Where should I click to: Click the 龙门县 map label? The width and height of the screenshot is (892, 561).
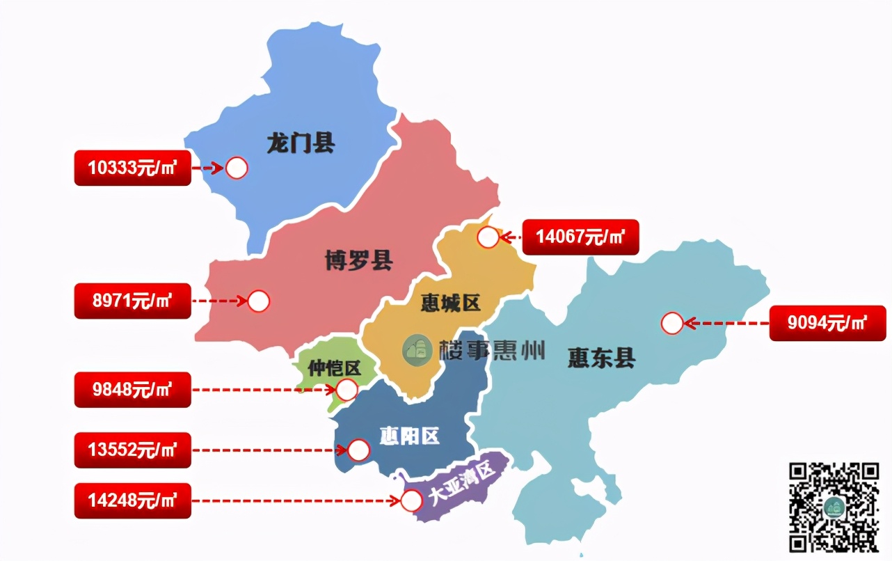pos(301,143)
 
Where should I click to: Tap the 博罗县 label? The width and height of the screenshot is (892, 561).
pos(358,261)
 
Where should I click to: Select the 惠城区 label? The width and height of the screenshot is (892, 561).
pos(451,303)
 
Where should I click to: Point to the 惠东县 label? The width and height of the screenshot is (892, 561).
pos(601,358)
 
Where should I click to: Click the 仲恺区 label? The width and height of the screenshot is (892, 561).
pos(334,368)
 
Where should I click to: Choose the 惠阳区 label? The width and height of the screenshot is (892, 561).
pos(409,436)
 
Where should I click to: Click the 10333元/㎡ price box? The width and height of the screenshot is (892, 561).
pos(132,168)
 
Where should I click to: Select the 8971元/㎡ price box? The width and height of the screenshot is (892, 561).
pos(132,301)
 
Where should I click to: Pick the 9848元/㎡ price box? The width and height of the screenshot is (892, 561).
pos(132,389)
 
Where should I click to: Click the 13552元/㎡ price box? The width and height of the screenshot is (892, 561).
pos(132,450)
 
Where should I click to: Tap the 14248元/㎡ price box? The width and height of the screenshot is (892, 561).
pos(132,500)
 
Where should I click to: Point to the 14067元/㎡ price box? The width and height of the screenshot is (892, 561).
pos(580,237)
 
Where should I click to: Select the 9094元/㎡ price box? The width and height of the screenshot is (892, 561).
pos(827,323)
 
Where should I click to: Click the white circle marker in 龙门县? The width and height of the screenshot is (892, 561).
pos(237,168)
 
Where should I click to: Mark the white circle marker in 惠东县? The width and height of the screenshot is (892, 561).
pos(672,323)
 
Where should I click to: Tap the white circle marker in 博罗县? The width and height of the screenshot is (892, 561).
pos(258,301)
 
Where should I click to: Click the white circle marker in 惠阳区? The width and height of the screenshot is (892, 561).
pos(358,450)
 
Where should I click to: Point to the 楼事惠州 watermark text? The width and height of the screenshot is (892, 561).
pos(491,350)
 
